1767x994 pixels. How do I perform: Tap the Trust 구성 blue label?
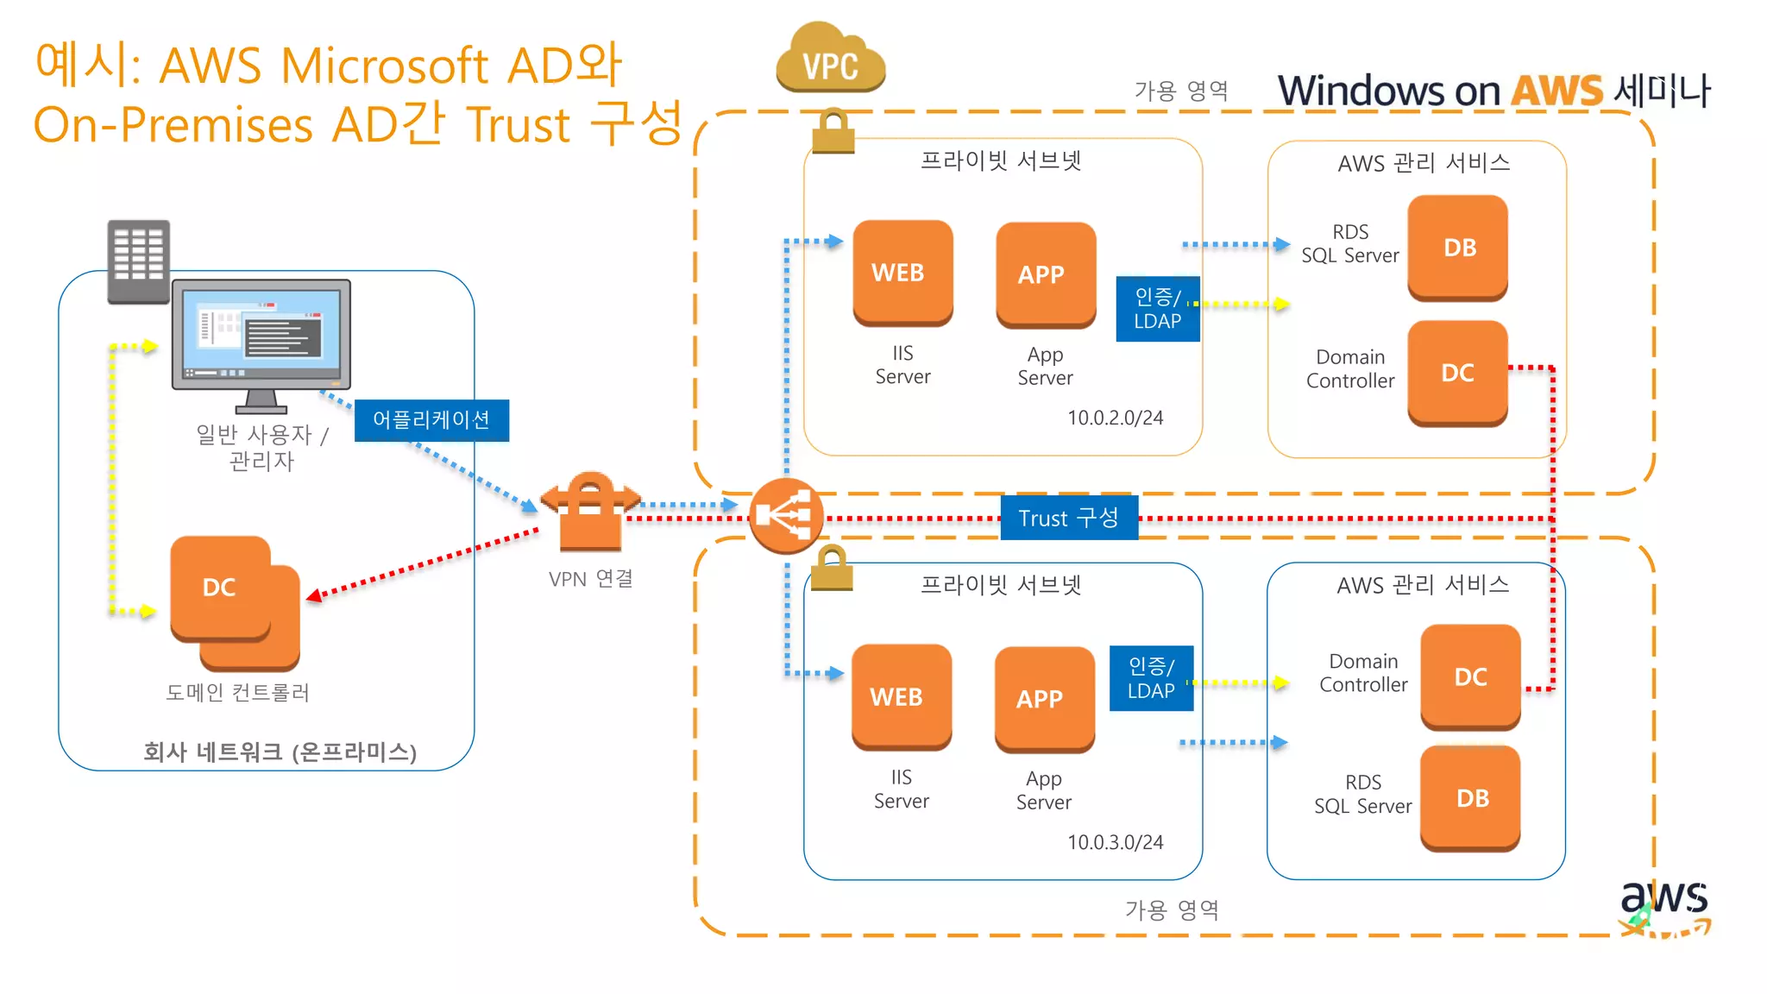point(1068,518)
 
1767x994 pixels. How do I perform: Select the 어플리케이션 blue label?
point(431,420)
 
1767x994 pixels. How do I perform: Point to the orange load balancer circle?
point(785,516)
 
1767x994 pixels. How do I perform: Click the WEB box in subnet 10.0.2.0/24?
point(902,273)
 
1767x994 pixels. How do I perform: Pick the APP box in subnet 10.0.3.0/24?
point(1044,699)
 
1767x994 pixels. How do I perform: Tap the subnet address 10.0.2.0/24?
point(1115,418)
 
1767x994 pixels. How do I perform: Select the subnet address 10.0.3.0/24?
point(1115,842)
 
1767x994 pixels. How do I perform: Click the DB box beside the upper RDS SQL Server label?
point(1458,248)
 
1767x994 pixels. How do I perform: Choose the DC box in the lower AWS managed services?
point(1470,676)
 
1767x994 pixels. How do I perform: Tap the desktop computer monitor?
point(261,337)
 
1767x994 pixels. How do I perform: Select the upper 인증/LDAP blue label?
point(1157,309)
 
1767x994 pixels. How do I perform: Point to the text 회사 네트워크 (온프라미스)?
point(280,752)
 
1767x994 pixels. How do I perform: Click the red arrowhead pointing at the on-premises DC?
point(315,595)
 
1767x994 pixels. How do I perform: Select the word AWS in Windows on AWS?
point(1556,91)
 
